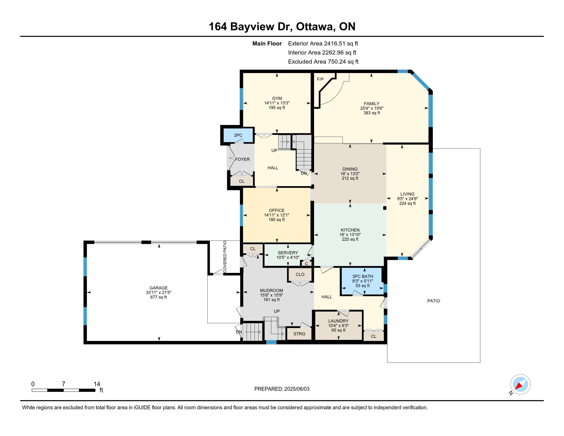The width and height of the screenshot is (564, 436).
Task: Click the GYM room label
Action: (277, 98)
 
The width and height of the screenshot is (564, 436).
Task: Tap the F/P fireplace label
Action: (320, 79)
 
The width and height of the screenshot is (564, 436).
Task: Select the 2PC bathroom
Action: (238, 135)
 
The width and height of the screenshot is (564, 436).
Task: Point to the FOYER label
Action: (242, 159)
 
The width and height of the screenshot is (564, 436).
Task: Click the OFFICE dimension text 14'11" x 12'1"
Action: (277, 215)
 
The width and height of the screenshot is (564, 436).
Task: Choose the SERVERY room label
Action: (288, 253)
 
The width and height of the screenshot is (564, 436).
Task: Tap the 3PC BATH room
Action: (362, 281)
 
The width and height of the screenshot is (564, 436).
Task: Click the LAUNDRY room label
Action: (338, 321)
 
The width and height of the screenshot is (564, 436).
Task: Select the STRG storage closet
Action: (299, 334)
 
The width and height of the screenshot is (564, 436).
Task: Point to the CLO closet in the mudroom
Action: (300, 274)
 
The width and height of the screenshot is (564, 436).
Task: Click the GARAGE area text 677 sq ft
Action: (158, 297)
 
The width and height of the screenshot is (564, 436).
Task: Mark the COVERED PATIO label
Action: (225, 256)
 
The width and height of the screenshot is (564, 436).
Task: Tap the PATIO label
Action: (434, 301)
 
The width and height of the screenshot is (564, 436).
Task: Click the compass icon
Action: (520, 384)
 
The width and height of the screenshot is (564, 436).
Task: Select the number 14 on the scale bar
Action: (97, 384)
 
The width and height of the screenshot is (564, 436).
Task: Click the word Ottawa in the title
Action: (315, 27)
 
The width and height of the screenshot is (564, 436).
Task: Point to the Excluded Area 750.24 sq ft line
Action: (323, 62)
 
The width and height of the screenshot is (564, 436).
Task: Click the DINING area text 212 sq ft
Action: (350, 178)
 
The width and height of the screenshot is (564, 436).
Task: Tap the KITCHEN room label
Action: (350, 230)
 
